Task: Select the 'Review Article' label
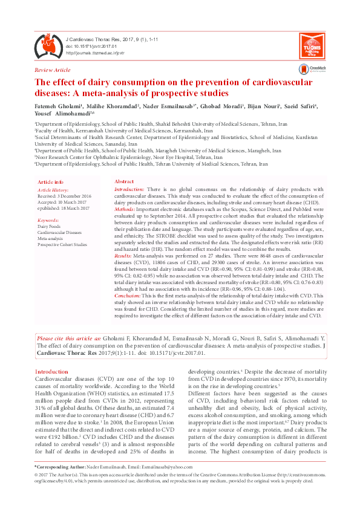(53, 71)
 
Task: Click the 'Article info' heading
(50, 182)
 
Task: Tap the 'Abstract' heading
(124, 182)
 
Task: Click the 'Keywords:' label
(48, 221)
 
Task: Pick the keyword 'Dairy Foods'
(50, 227)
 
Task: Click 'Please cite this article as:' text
(68, 338)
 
